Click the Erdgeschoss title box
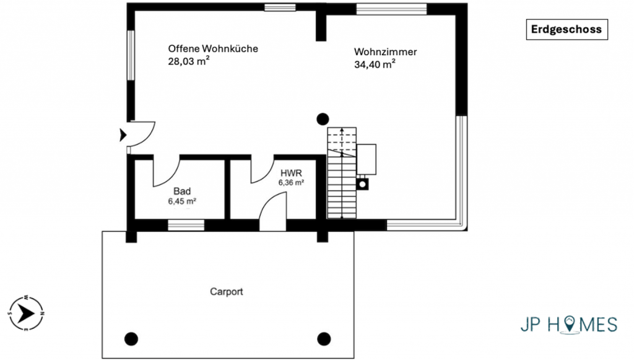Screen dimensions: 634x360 pyautogui.click(x=567, y=30)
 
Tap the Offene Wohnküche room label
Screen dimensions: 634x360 pyautogui.click(x=213, y=48)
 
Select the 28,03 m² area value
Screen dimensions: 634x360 pyautogui.click(x=189, y=61)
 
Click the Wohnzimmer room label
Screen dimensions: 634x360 pyautogui.click(x=385, y=52)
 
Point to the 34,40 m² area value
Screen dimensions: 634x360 pyautogui.click(x=375, y=64)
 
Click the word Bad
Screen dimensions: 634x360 pyautogui.click(x=182, y=191)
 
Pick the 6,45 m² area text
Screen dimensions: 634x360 pyautogui.click(x=183, y=201)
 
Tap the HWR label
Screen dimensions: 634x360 pyautogui.click(x=291, y=173)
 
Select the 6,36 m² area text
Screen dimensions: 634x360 pyautogui.click(x=291, y=182)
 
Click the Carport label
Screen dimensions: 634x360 pyautogui.click(x=227, y=292)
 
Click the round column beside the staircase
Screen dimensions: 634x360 pyautogui.click(x=323, y=120)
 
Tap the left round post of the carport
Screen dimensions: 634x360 pyautogui.click(x=131, y=339)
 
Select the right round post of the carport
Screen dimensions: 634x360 pyautogui.click(x=324, y=339)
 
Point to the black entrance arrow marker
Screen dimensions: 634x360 pyautogui.click(x=123, y=134)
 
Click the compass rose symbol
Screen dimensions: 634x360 pyautogui.click(x=26, y=313)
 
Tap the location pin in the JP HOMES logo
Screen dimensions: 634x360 pyautogui.click(x=570, y=323)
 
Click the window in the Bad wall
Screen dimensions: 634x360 pyautogui.click(x=186, y=226)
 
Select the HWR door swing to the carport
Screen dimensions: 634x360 pyautogui.click(x=272, y=211)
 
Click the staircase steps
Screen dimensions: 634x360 pyautogui.click(x=342, y=173)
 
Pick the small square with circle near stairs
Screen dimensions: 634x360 pyautogui.click(x=363, y=185)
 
